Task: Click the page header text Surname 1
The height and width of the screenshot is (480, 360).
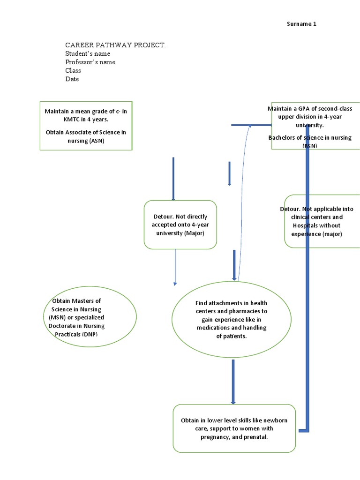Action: (x=301, y=24)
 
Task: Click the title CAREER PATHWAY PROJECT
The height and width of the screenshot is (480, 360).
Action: (x=115, y=45)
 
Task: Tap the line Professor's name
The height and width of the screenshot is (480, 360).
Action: (x=90, y=62)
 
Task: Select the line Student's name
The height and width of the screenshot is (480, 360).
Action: (x=88, y=53)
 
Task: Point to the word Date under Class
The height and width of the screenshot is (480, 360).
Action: (x=72, y=79)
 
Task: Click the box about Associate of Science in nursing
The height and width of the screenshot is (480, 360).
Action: (x=86, y=126)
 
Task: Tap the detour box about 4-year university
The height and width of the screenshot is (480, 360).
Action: (x=180, y=225)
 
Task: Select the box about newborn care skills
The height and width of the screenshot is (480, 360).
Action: (x=234, y=428)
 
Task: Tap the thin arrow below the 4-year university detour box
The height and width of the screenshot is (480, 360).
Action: (x=175, y=267)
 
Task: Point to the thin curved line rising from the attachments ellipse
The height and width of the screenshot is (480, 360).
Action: (x=242, y=202)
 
